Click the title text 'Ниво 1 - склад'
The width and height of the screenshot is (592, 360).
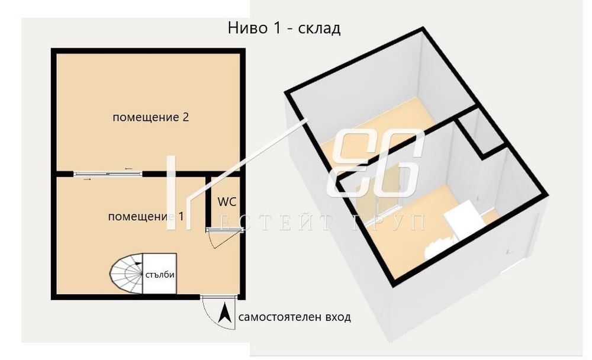284,28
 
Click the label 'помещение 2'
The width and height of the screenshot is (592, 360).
150,117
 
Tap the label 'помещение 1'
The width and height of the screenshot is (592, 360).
146,217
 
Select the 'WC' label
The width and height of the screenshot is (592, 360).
227,202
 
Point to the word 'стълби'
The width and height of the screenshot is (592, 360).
160,275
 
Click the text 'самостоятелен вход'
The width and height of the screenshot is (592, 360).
294,317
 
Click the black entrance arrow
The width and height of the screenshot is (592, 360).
226,313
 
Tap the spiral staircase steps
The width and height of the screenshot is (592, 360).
126,274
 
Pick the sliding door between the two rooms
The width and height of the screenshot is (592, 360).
108,173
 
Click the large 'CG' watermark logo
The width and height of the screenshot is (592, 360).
375,163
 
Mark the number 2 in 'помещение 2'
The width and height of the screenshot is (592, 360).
185,117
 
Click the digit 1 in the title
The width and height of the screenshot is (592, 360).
276,28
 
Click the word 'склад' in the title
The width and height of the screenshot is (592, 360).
320,28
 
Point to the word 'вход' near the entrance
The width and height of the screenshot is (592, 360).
338,317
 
